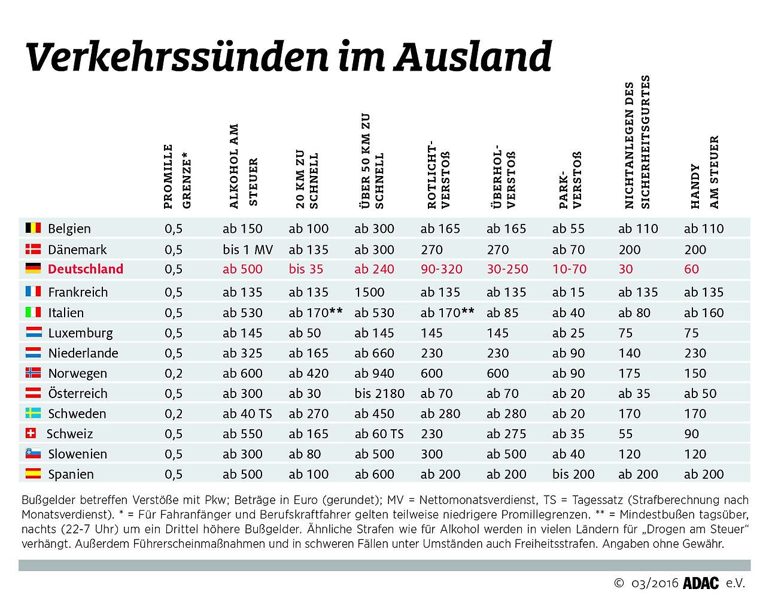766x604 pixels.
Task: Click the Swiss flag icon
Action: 32,433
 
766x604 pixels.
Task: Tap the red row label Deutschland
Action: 86,269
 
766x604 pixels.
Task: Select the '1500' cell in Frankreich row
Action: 369,292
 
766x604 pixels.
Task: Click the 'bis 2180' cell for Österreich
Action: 379,393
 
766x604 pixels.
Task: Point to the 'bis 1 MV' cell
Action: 248,250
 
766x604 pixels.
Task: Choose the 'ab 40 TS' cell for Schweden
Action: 247,414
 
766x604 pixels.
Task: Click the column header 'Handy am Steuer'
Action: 704,172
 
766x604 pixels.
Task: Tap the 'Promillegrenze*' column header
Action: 177,176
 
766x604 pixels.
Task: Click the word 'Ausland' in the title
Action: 472,57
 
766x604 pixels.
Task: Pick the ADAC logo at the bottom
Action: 701,583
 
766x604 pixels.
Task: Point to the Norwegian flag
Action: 33,373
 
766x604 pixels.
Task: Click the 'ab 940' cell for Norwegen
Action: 374,374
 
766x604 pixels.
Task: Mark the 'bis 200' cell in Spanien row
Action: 573,474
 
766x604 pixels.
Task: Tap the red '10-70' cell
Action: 569,269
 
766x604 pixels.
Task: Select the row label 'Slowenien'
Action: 77,454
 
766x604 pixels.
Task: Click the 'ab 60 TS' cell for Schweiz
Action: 379,434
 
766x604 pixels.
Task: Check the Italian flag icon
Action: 33,312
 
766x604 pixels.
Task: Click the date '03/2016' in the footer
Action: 655,583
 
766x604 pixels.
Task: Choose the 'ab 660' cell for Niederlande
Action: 374,353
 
